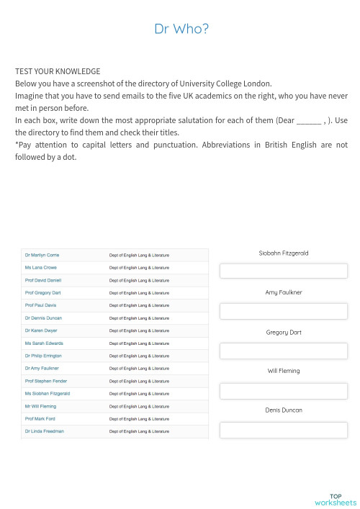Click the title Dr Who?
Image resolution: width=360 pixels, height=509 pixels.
181,29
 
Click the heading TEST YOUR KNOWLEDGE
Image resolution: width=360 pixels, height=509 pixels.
58,71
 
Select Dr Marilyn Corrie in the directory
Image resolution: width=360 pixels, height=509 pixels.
42,255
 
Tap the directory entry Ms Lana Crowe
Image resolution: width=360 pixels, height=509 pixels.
40,267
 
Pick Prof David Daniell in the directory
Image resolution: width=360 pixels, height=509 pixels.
43,280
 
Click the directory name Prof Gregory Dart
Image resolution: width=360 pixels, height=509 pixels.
42,293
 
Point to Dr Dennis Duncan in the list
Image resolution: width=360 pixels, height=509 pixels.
43,317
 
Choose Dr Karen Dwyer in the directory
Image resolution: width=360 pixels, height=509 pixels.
41,330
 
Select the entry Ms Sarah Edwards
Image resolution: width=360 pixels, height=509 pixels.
43,343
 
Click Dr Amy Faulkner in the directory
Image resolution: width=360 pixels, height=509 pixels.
42,368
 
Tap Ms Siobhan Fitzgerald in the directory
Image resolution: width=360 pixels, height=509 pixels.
47,393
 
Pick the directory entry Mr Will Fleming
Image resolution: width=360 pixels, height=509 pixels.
40,406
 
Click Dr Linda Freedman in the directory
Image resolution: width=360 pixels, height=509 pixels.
44,431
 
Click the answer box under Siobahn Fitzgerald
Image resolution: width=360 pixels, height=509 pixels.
283,271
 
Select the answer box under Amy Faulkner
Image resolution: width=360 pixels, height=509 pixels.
283,311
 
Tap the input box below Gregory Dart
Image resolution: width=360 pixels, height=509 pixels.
283,351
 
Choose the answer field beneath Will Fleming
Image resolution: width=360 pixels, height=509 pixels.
283,391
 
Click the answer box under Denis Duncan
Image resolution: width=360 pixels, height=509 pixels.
283,430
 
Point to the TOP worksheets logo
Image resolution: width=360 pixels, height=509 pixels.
335,499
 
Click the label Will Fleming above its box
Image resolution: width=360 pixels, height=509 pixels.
284,371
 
